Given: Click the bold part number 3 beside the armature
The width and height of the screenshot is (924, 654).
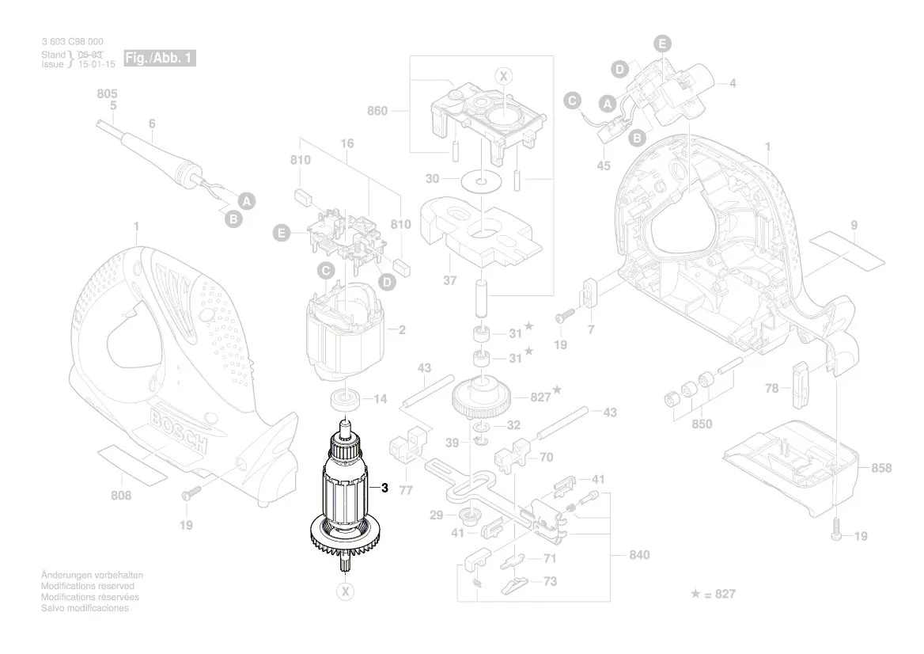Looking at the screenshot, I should [384, 489].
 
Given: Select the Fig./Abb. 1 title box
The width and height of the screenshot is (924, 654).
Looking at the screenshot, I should [160, 59].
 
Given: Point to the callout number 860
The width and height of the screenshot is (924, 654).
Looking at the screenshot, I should [377, 111].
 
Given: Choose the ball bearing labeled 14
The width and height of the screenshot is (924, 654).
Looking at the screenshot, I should [344, 398].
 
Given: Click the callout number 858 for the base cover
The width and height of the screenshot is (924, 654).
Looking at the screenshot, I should [880, 468].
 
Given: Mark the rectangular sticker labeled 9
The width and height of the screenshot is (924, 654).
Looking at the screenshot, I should [847, 245].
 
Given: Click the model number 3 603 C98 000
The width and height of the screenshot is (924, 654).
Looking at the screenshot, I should [71, 42].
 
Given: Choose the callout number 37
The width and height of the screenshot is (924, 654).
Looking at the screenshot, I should [450, 280].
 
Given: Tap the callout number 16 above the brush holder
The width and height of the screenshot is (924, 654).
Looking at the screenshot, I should [346, 143].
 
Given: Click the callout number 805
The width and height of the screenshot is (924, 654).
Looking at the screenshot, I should [108, 93].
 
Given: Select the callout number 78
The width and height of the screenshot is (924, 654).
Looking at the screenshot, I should [772, 388].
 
